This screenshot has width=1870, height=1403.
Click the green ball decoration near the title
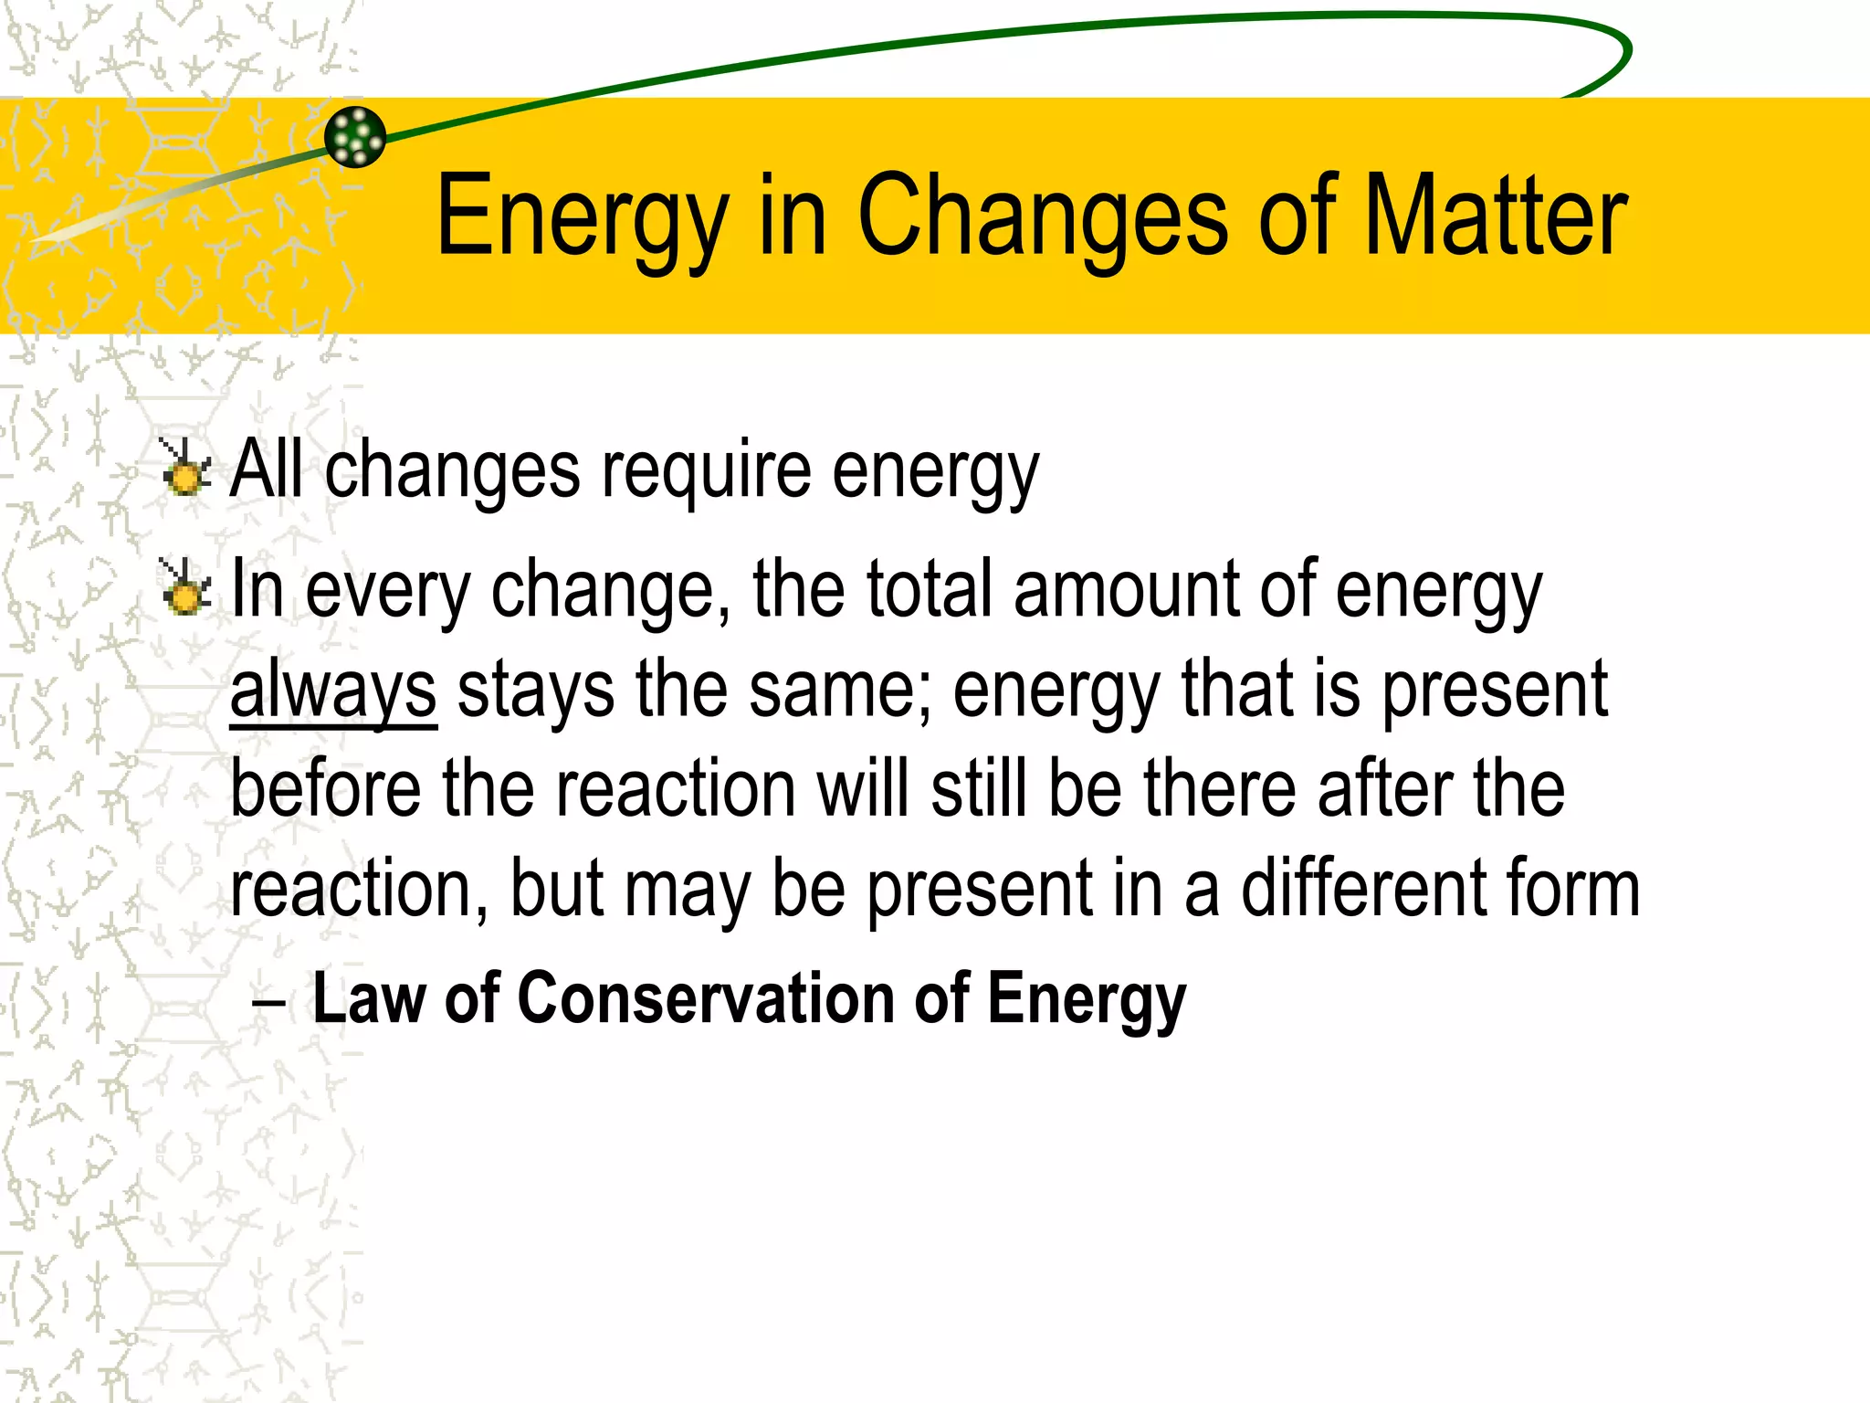(x=355, y=137)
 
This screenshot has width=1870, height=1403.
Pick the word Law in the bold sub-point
(x=369, y=997)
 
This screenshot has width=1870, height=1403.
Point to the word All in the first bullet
(x=266, y=469)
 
